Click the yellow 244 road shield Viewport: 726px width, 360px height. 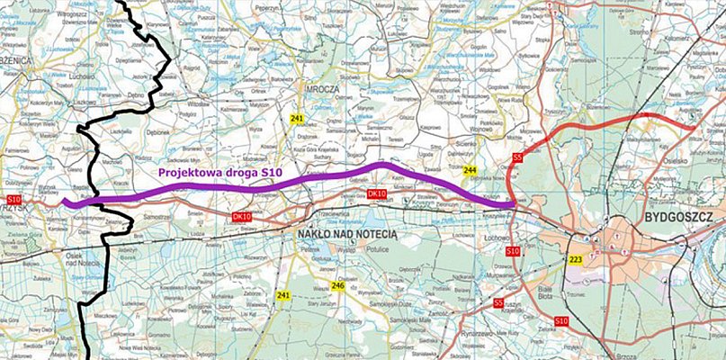470,169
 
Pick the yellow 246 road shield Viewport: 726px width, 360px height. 338,287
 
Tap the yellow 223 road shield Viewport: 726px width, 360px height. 575,260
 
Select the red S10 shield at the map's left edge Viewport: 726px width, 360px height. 13,198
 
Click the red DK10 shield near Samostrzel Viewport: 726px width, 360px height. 241,217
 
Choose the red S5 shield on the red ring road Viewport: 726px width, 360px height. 516,158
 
